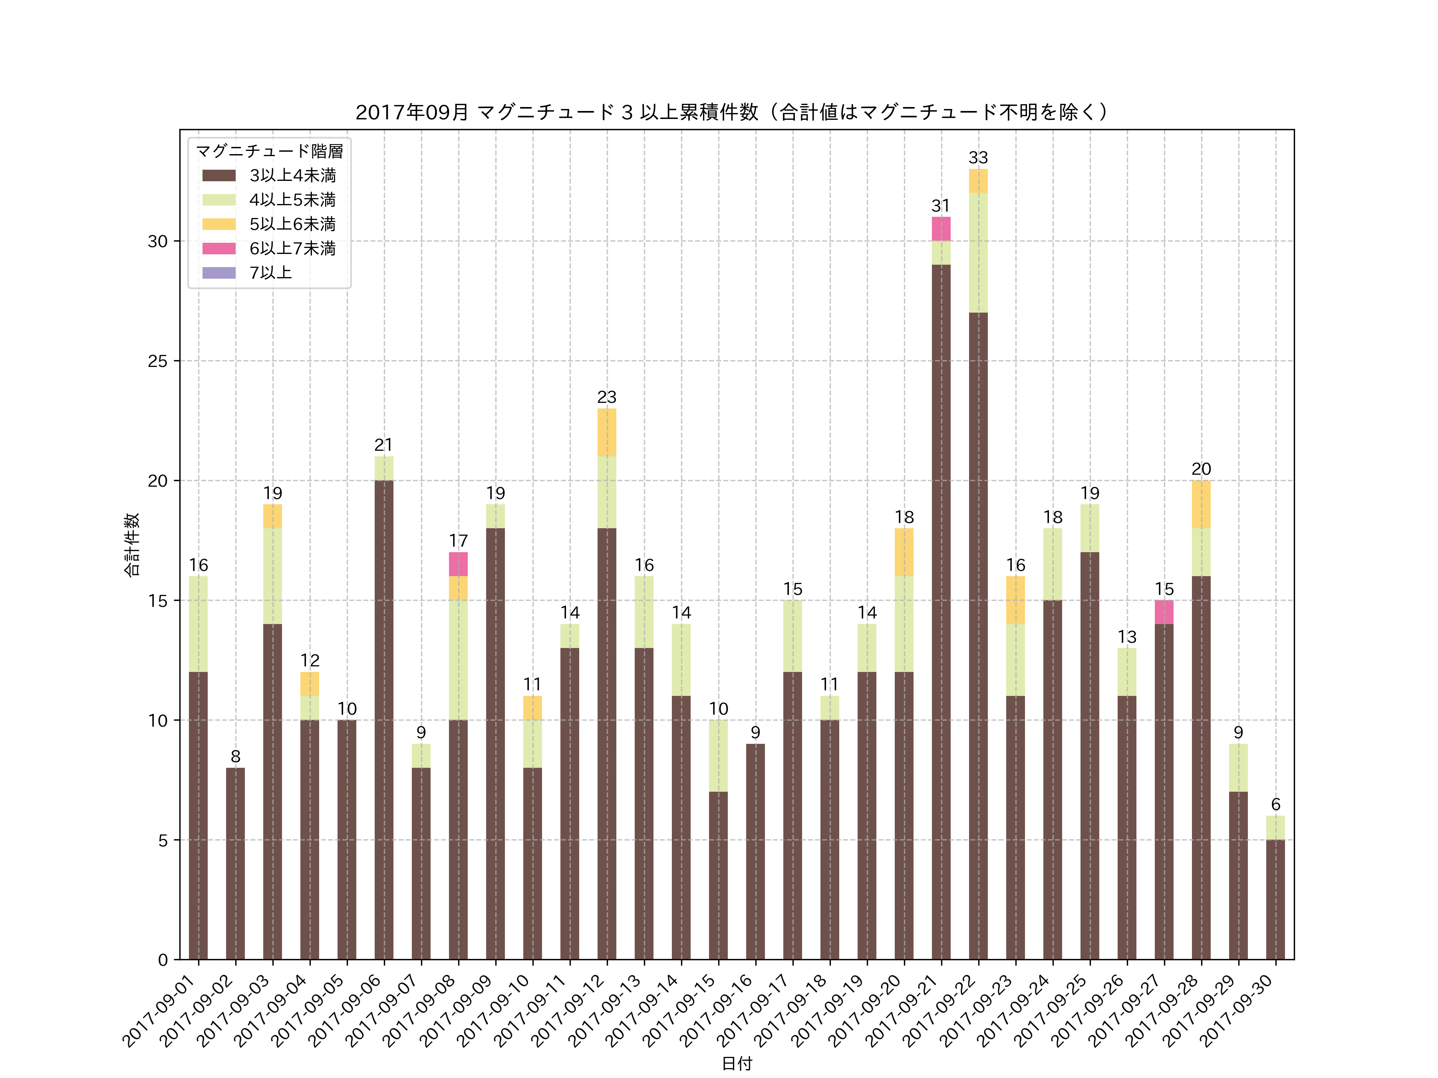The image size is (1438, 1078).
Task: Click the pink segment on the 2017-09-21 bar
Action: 941,229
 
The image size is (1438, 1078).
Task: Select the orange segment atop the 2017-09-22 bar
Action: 978,180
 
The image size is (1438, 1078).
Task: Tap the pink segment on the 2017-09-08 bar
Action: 458,564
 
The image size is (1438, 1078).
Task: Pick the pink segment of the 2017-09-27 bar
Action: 1164,612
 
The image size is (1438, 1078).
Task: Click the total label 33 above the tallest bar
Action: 978,158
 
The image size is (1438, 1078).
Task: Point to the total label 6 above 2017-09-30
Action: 1275,805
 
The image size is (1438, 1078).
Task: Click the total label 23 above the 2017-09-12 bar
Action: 606,397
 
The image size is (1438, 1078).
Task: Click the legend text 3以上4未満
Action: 292,175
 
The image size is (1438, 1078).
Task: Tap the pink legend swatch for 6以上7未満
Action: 219,248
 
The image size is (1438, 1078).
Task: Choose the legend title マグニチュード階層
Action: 269,151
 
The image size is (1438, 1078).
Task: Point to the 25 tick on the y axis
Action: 158,361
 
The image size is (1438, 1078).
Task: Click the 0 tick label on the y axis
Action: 163,960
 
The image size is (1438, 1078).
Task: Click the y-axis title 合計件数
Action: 132,545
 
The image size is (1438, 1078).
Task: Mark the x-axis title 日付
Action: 737,1063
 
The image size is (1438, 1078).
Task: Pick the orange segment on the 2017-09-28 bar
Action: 1201,504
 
